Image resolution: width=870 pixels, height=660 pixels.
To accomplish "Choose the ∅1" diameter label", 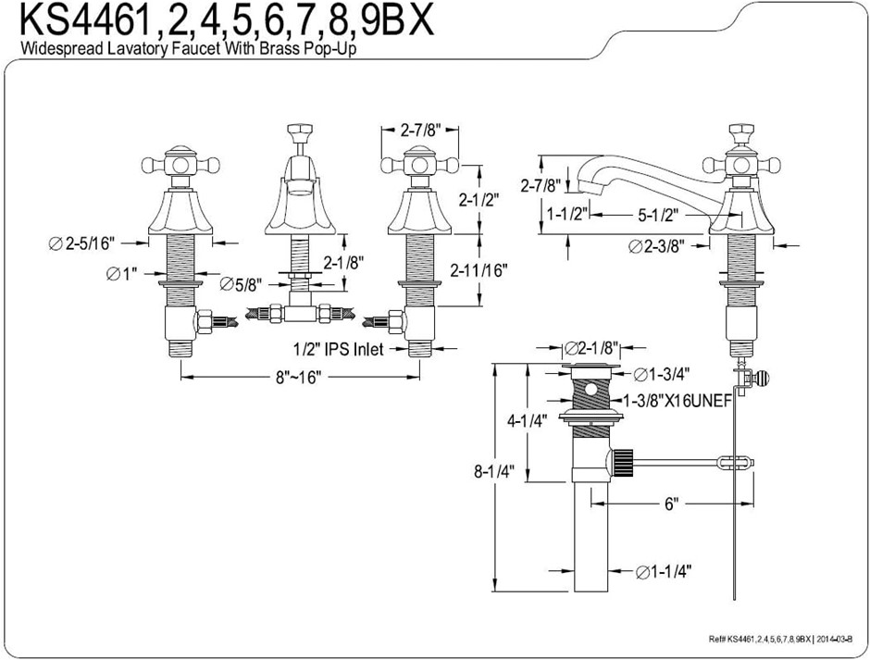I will pos(122,274).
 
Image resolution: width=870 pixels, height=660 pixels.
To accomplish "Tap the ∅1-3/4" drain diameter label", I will pos(664,374).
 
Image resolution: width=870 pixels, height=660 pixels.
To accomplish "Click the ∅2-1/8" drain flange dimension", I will pos(592,349).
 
